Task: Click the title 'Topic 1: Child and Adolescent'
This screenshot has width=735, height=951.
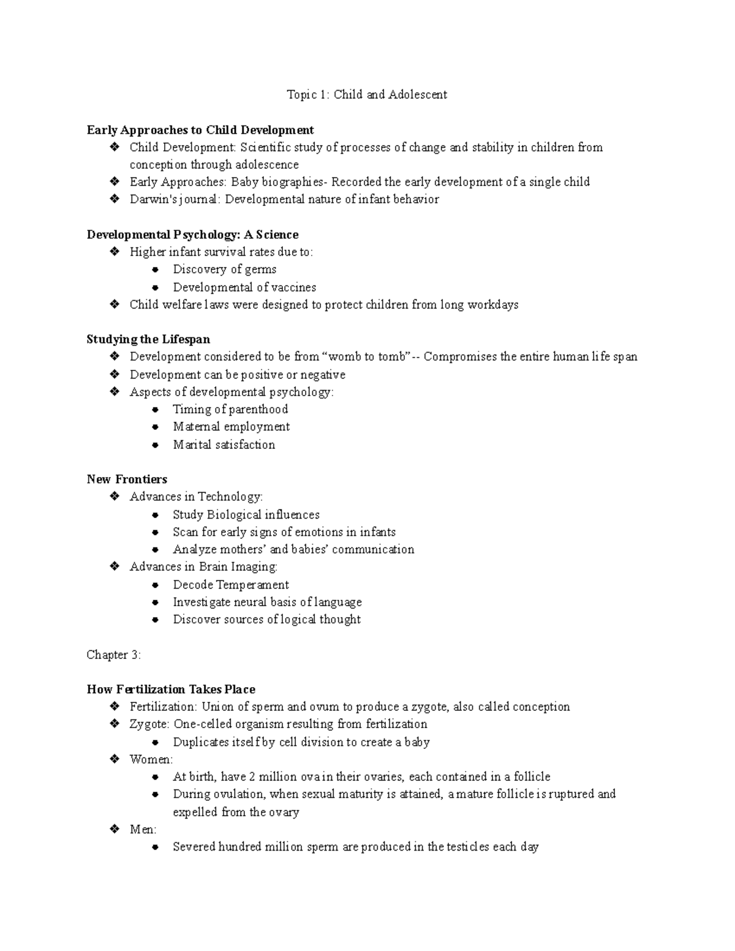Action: [367, 95]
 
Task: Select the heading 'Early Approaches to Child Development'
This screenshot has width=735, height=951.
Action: [200, 130]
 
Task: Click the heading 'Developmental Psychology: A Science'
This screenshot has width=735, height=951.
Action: [192, 235]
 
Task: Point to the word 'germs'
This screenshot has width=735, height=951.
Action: [260, 270]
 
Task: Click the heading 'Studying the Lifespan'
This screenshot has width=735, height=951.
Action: [148, 340]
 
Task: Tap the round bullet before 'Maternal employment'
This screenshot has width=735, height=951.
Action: [156, 427]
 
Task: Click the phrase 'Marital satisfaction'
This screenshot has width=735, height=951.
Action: [224, 445]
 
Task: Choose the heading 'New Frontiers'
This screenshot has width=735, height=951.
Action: [127, 479]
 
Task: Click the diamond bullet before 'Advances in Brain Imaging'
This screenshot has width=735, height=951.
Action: [114, 567]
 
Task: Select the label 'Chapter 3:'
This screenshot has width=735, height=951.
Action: [114, 655]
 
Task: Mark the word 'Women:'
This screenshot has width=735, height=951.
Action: [151, 760]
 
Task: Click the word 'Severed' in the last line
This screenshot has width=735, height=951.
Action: [194, 848]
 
